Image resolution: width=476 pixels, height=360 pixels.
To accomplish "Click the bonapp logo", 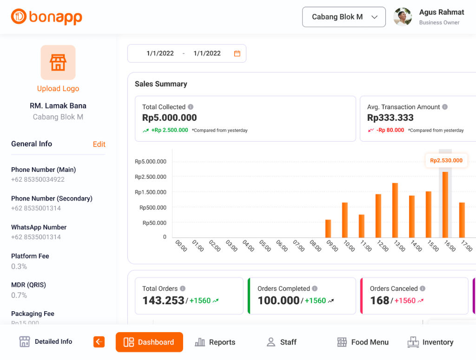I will (x=46, y=17).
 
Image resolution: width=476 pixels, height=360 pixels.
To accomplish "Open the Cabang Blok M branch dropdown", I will (x=344, y=17).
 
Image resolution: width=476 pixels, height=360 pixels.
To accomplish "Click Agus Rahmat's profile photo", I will (x=403, y=17).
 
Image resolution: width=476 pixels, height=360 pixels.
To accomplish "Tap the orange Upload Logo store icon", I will (x=58, y=62).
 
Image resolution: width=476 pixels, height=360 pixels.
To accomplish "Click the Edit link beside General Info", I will (x=99, y=144).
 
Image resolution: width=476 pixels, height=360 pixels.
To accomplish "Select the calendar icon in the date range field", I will (x=237, y=53).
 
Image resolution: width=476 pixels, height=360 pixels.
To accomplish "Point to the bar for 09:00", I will (x=328, y=228).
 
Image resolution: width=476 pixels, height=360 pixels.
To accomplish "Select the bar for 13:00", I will (x=395, y=210).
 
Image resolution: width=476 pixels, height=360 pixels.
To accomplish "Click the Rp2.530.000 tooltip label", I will (x=446, y=161).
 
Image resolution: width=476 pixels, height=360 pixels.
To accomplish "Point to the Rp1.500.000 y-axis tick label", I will (x=151, y=192).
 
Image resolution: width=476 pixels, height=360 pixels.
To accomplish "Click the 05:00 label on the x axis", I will (x=265, y=246).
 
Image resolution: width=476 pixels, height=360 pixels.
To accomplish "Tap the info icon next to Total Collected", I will (x=191, y=107).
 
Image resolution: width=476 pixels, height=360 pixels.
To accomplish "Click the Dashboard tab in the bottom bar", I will (x=149, y=342).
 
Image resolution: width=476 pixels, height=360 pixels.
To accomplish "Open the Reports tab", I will (x=215, y=342).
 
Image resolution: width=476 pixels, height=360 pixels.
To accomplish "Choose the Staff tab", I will (x=281, y=342).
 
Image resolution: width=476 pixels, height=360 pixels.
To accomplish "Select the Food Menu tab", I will (x=363, y=342).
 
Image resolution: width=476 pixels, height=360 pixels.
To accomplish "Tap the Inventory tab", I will (x=430, y=342).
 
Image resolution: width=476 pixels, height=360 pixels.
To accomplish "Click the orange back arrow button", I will (x=99, y=342).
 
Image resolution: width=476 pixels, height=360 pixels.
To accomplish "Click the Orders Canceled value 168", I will (x=380, y=301).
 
